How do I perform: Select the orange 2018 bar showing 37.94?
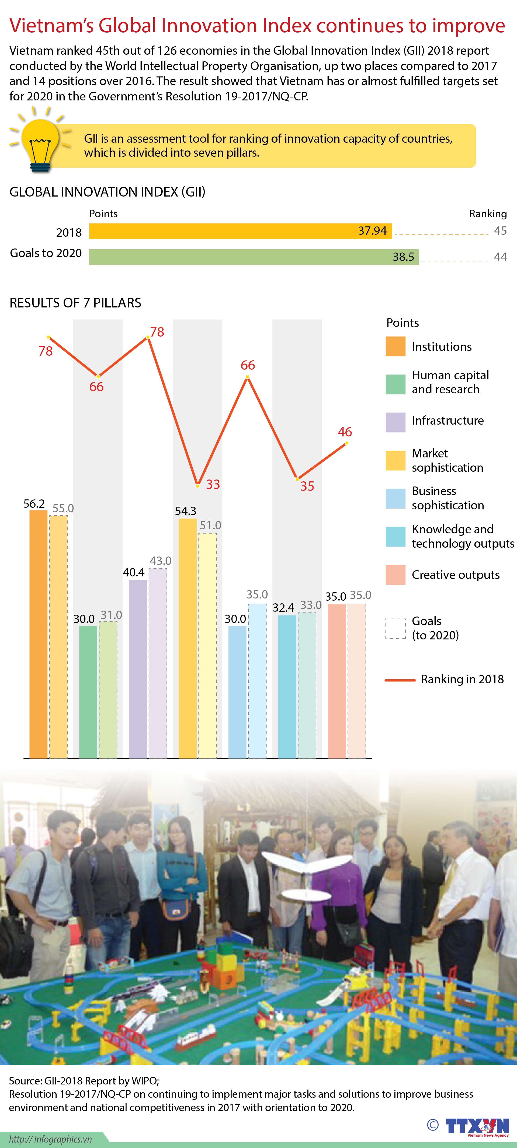(240, 231)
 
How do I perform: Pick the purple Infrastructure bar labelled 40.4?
(138, 668)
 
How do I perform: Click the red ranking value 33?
(213, 484)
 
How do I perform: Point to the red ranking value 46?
(345, 432)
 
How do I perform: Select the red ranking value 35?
(307, 486)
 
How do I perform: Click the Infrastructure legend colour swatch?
(395, 422)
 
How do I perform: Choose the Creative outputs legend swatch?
(395, 575)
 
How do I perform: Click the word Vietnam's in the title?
(51, 26)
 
